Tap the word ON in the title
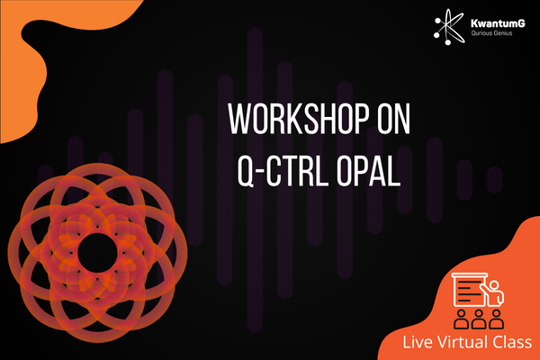394,119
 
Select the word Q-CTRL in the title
282,170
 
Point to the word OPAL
369,170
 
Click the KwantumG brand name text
498,23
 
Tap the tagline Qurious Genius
491,33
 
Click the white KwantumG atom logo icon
449,27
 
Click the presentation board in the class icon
470,290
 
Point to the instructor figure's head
494,286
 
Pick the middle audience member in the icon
479,319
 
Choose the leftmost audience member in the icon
461,319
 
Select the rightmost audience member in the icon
496,319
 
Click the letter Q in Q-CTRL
247,171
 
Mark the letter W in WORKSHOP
240,119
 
